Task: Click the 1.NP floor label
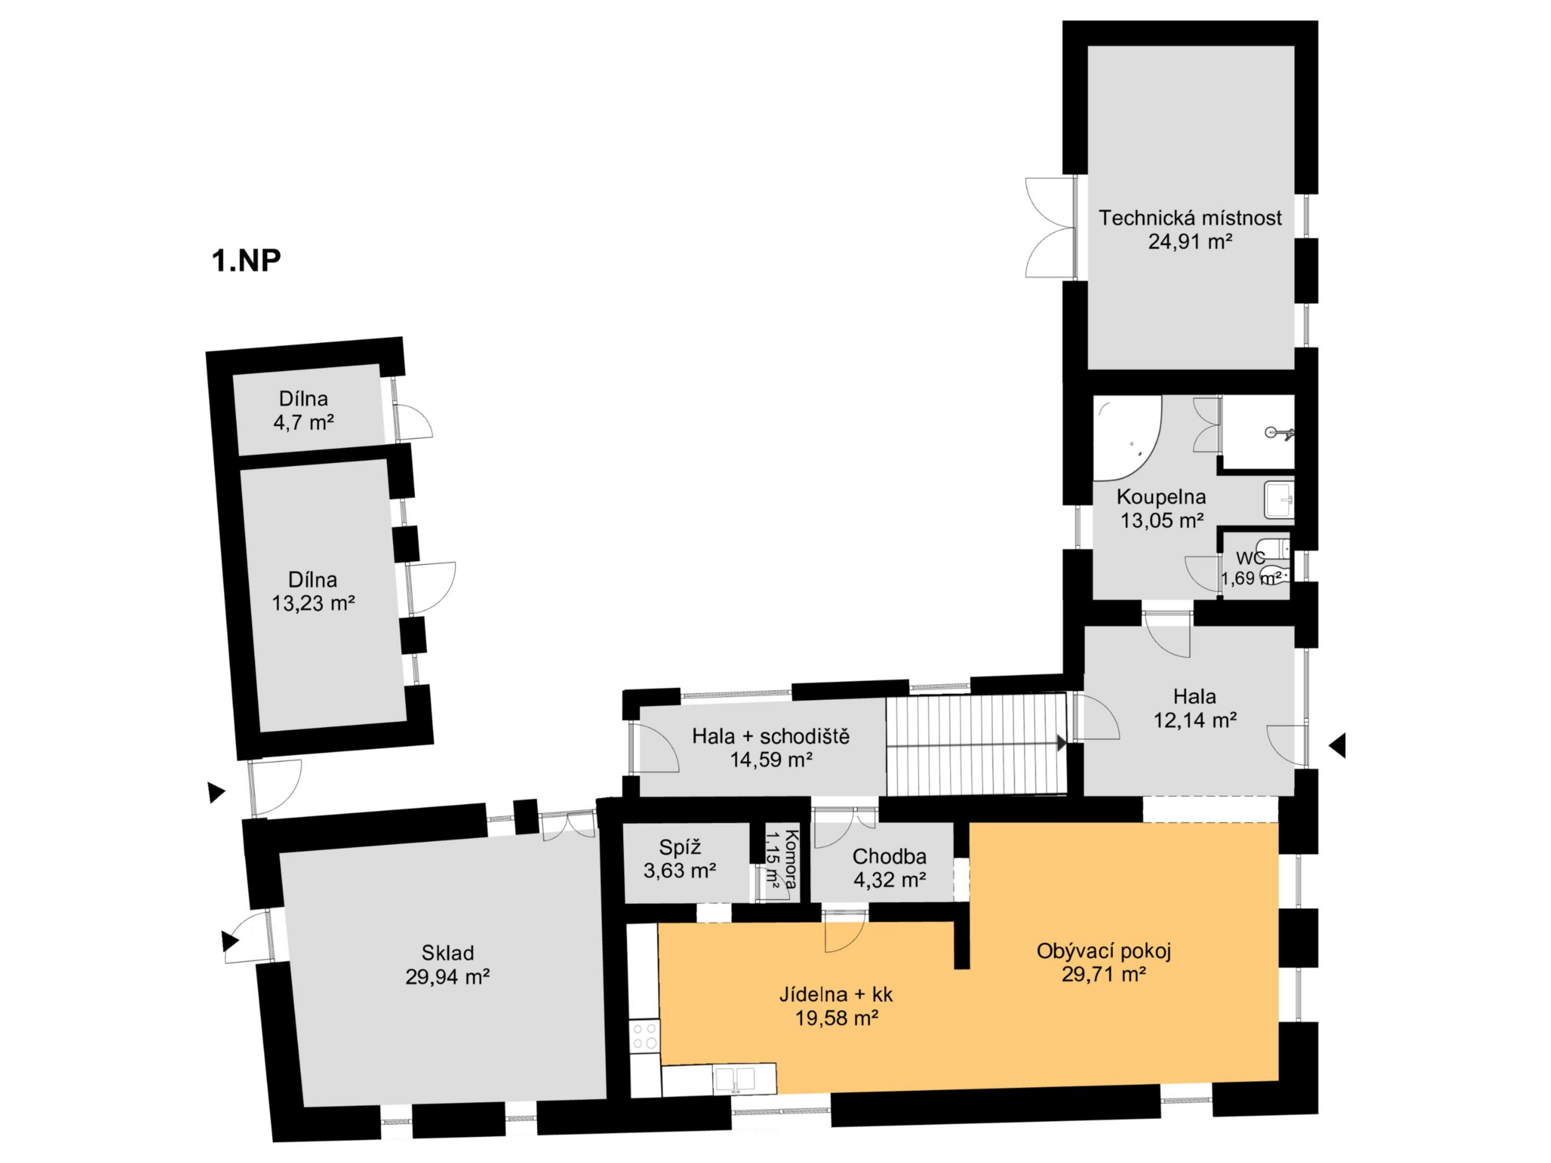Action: (246, 260)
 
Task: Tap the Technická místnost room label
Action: (1190, 218)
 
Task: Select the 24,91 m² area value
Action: (1190, 242)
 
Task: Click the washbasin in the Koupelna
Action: (1279, 500)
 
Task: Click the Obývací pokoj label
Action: (1103, 951)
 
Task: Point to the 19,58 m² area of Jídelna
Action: (836, 1018)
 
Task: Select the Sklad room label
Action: (448, 953)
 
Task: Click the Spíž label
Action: (679, 848)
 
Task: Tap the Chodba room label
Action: (889, 856)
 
